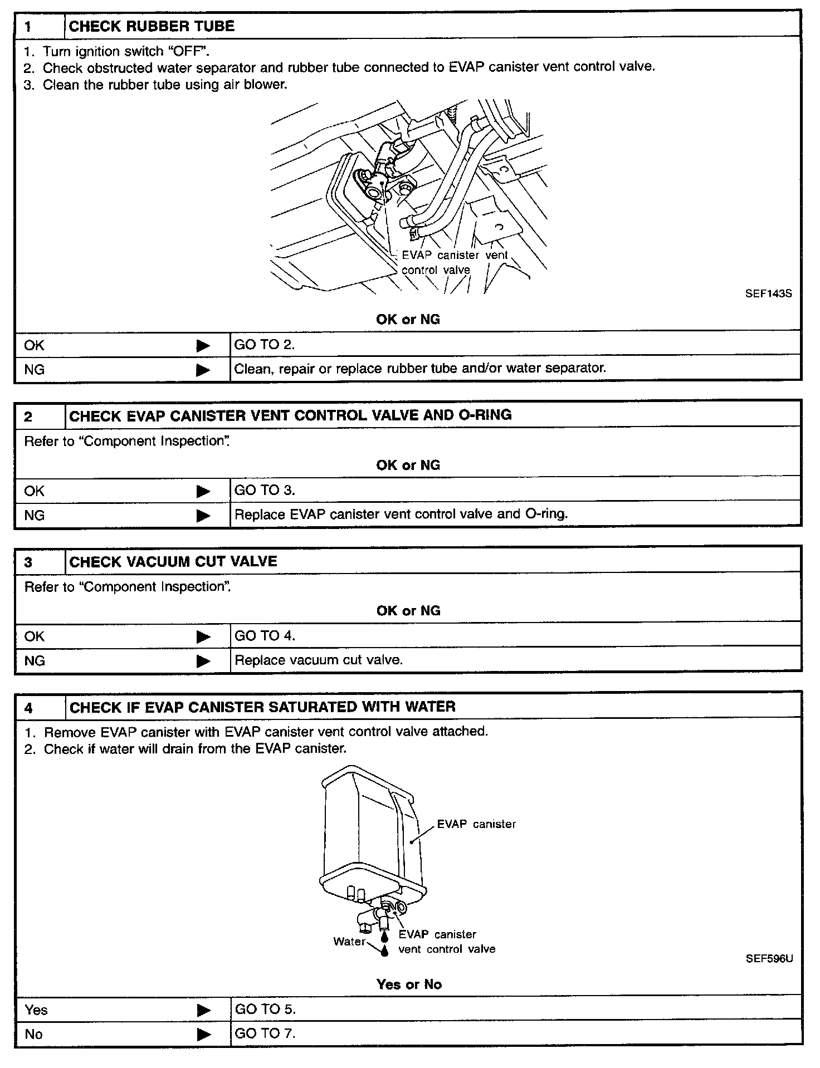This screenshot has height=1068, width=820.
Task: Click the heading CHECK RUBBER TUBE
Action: tap(152, 26)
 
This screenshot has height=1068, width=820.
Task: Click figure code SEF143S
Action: tap(768, 293)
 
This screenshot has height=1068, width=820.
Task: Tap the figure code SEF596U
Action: tap(769, 958)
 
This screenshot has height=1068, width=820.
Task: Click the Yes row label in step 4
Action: tap(36, 1010)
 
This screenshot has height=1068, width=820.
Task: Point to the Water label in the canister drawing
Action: tap(349, 941)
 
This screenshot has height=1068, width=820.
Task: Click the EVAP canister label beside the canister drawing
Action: tap(476, 824)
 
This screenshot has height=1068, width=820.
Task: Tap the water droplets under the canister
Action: tap(384, 945)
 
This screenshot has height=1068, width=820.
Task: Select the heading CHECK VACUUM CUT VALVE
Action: tap(173, 561)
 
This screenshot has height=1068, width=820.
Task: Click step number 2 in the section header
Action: tap(28, 417)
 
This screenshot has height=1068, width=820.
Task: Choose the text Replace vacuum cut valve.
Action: tap(319, 660)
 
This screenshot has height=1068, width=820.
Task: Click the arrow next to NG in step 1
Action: tap(203, 370)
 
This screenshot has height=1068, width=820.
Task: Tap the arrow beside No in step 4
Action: tap(204, 1035)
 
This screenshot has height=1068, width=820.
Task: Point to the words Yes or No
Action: tap(409, 984)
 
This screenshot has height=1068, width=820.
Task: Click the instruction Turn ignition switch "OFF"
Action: tap(126, 51)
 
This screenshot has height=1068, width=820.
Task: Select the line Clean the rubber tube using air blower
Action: tap(165, 85)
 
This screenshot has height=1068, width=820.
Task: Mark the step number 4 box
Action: tap(28, 708)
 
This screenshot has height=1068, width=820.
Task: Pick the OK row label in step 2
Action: tap(34, 491)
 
